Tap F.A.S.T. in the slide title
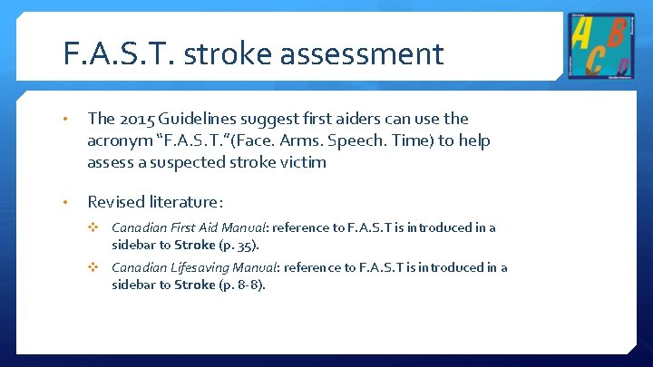point(122,54)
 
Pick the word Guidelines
point(191,120)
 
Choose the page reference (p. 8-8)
point(240,284)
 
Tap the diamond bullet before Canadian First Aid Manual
point(93,227)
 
